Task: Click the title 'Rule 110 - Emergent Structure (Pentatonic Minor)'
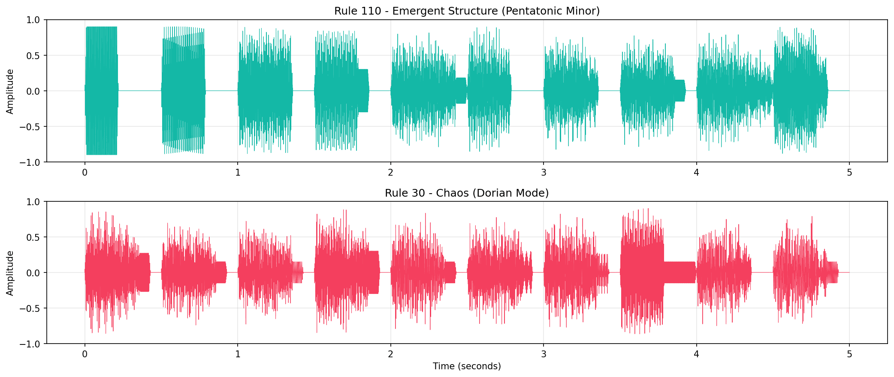[x=467, y=11]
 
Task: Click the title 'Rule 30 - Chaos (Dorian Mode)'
[x=467, y=193]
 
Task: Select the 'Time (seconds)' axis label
[x=467, y=366]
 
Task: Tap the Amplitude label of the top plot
[x=10, y=91]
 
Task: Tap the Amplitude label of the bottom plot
[x=10, y=273]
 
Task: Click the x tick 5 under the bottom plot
[x=849, y=354]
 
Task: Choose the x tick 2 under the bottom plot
[x=391, y=354]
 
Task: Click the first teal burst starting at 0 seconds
[x=102, y=91]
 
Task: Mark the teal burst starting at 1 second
[x=265, y=91]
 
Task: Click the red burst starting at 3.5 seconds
[x=642, y=272]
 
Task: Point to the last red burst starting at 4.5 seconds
[x=802, y=272]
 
